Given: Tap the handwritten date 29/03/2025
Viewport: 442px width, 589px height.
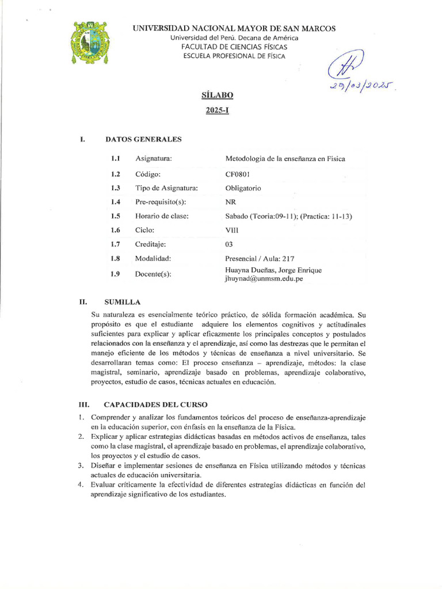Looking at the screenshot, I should (x=363, y=86).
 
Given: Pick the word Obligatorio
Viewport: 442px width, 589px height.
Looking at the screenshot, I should (x=243, y=188).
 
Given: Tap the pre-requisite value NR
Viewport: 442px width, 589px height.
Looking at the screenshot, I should (x=230, y=202).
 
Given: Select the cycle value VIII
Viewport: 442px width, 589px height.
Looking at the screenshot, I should (x=231, y=230).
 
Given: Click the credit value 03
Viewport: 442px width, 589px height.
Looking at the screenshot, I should (x=229, y=244).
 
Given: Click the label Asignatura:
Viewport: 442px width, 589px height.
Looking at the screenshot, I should (x=154, y=159).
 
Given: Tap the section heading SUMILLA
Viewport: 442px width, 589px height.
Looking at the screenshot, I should (x=123, y=302).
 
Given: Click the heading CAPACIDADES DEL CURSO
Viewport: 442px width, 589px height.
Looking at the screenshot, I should (x=156, y=405).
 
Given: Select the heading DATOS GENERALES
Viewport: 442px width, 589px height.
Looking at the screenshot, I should (x=143, y=139).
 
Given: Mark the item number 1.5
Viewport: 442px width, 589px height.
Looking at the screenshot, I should (x=115, y=216).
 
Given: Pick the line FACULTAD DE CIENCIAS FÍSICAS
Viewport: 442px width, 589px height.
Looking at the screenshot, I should (x=234, y=47).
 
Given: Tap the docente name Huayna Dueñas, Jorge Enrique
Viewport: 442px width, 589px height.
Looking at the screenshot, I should (x=273, y=270).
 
